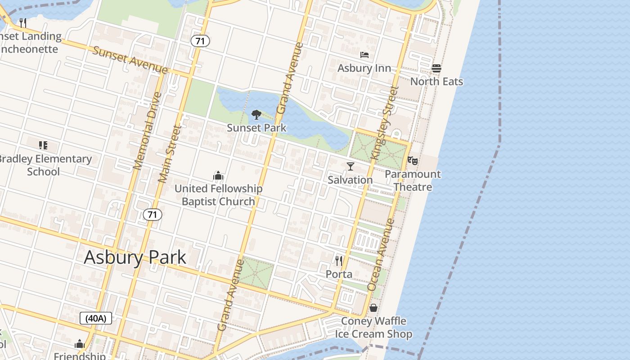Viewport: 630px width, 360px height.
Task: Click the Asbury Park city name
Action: tap(135, 257)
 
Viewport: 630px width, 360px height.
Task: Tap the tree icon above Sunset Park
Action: tap(256, 115)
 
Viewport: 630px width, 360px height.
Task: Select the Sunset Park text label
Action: tap(256, 128)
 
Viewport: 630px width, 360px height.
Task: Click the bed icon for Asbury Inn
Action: tap(364, 55)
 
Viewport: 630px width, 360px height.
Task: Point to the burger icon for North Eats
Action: tap(436, 68)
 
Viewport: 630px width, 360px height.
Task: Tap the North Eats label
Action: tap(436, 81)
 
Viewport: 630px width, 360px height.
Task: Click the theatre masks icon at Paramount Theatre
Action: tap(413, 160)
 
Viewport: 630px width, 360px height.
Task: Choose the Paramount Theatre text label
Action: tap(413, 180)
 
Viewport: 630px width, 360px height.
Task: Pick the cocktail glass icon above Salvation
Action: tap(351, 166)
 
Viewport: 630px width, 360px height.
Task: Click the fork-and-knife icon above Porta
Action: tap(339, 261)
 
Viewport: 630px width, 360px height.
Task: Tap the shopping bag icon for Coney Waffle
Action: tap(373, 308)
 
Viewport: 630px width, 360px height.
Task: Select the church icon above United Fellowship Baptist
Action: tap(218, 175)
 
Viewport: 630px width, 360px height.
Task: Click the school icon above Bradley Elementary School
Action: tap(43, 145)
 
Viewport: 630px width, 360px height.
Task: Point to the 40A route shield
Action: tap(96, 319)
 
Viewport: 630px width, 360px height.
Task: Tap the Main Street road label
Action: tap(170, 154)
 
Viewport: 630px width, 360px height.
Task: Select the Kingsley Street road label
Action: tap(385, 122)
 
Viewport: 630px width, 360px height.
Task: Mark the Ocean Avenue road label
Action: tap(381, 254)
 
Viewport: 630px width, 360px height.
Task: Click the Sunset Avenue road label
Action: tap(130, 59)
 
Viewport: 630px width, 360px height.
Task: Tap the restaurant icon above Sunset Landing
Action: tap(23, 22)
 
